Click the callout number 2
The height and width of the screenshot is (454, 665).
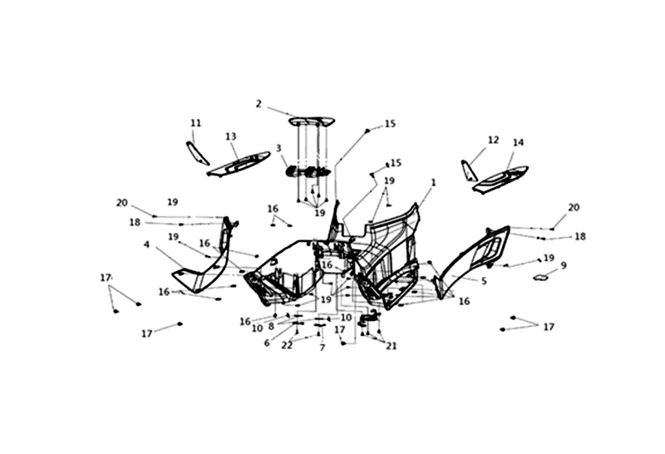point(259,104)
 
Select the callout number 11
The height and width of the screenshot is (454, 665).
point(196,123)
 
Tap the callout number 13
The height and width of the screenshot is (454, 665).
point(231,136)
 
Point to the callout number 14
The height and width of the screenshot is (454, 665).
point(519,142)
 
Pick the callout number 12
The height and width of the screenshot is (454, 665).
point(493,140)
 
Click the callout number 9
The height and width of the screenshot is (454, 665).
point(564,265)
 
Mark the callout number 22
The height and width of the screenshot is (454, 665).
point(287,344)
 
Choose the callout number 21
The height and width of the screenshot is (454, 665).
point(391,346)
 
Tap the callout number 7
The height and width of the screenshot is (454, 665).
point(322,348)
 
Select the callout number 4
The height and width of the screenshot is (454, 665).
point(146,244)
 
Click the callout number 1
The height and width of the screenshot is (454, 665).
point(433,181)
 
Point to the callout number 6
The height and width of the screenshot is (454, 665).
point(267,343)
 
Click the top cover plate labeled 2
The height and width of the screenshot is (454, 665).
point(312,121)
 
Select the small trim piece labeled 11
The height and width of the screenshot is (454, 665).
point(197,153)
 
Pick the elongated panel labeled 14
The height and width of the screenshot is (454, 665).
point(501,179)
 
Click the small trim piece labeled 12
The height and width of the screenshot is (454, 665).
point(470,170)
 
